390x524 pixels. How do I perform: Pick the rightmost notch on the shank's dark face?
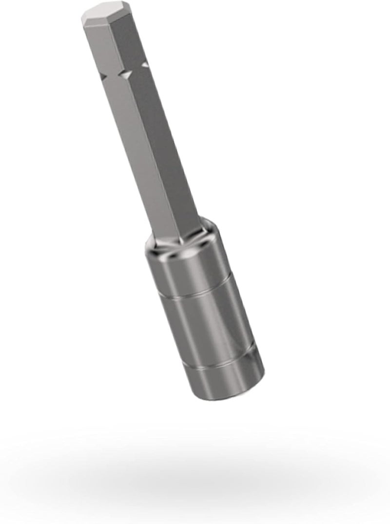click(145, 63)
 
